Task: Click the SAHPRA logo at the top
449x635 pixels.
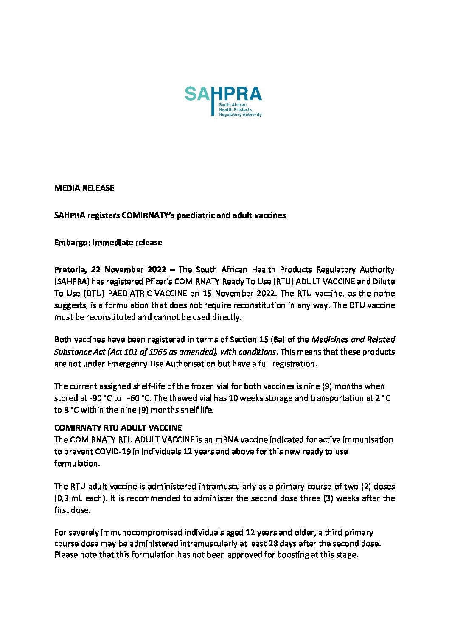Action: (223, 101)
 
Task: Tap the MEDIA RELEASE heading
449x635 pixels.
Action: (84, 188)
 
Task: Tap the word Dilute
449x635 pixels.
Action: (383, 282)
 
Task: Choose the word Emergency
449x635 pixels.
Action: (127, 364)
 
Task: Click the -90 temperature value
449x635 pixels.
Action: (96, 398)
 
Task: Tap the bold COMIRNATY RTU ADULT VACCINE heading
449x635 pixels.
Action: (118, 428)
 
